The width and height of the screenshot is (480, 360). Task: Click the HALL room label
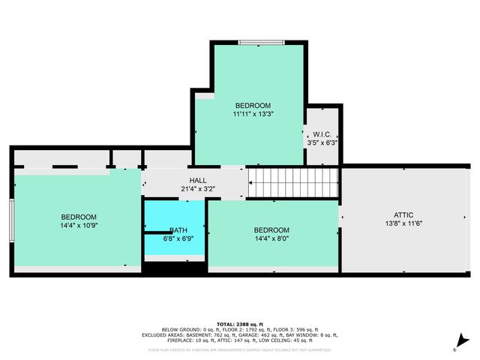(x=198, y=180)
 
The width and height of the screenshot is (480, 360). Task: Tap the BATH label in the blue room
(x=178, y=230)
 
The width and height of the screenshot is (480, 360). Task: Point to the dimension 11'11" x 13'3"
(x=253, y=115)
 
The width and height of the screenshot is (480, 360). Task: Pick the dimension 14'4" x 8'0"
(x=271, y=239)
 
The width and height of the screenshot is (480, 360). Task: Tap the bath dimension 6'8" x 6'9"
(x=178, y=239)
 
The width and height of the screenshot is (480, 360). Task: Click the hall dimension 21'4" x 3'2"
(x=198, y=189)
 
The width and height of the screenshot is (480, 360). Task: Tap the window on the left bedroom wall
(x=11, y=220)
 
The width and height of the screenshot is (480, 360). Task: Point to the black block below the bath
(x=174, y=267)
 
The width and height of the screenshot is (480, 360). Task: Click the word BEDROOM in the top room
(x=253, y=106)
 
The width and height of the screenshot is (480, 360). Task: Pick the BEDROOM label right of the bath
(x=271, y=230)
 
